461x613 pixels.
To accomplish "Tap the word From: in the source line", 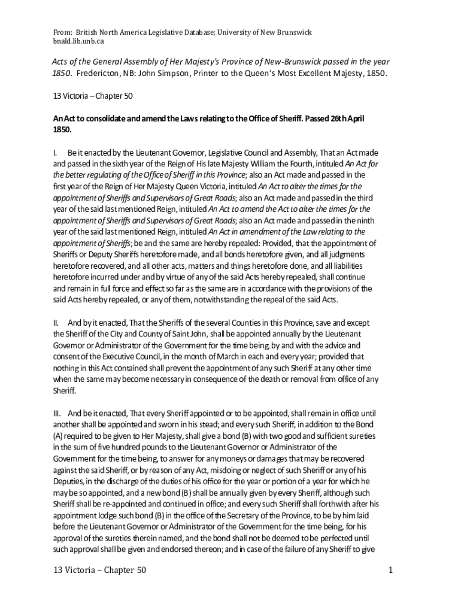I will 63,31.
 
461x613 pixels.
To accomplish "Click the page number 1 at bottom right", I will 390,570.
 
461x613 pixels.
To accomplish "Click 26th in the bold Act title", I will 337,119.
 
